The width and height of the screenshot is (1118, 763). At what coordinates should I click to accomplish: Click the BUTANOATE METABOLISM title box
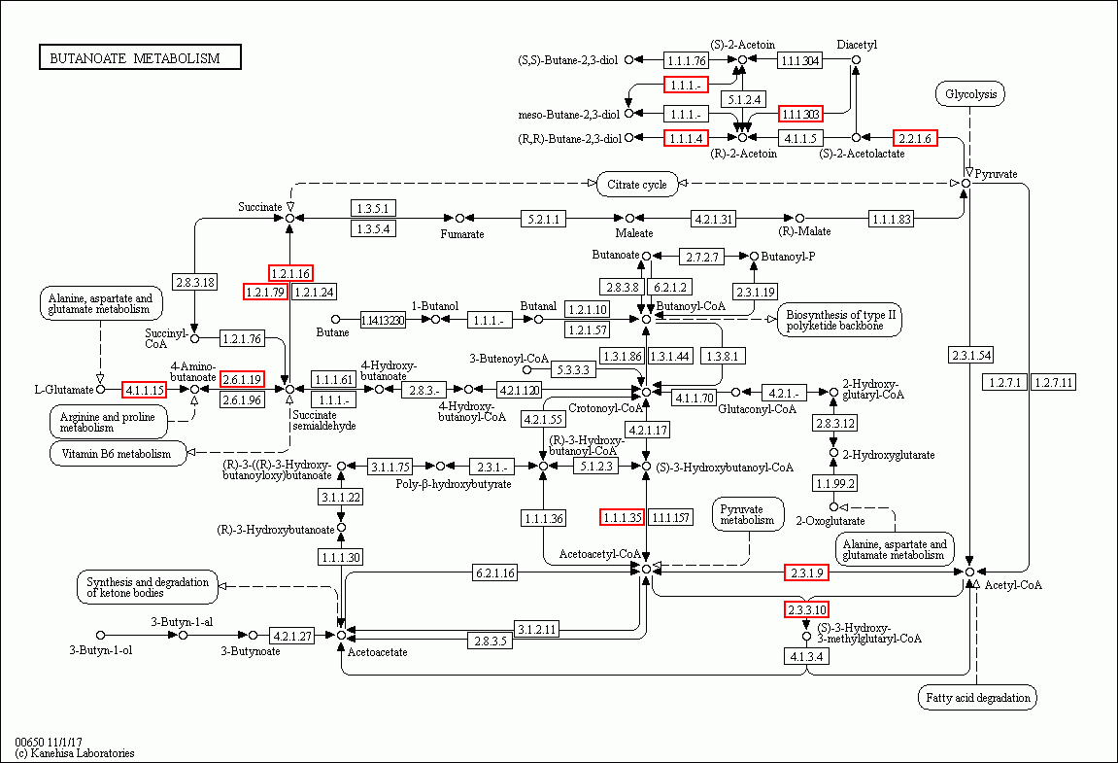[x=140, y=58]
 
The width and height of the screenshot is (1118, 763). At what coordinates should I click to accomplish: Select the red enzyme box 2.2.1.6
[x=914, y=138]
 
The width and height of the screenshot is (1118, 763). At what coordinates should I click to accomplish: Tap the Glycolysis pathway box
[x=969, y=94]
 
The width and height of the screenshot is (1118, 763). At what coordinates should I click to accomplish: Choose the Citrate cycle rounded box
[x=637, y=184]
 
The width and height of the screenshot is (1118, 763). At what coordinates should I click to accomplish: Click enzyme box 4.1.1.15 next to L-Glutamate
[x=144, y=390]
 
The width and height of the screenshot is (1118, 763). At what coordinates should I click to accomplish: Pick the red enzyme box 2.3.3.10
[x=806, y=609]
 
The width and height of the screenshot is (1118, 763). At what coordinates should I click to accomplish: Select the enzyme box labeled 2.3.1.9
[x=806, y=572]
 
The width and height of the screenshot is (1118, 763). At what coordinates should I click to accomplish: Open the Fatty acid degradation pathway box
[x=976, y=697]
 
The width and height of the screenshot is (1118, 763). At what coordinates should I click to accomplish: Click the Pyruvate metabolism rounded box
[x=748, y=514]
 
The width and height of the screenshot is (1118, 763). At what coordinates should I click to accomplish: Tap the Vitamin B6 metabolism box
[x=117, y=454]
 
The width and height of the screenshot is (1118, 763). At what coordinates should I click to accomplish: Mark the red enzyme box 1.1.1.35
[x=622, y=517]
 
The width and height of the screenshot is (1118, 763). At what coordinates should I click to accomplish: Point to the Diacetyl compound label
[x=857, y=45]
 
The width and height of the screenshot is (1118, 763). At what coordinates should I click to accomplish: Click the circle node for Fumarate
[x=460, y=218]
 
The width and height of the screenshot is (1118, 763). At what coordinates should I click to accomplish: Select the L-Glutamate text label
[x=64, y=390]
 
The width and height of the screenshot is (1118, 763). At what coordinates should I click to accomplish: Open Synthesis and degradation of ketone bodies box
[x=147, y=587]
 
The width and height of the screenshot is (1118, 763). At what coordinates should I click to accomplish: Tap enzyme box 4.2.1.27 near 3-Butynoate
[x=292, y=635]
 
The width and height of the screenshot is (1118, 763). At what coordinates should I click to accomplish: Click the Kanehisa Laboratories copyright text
[x=75, y=753]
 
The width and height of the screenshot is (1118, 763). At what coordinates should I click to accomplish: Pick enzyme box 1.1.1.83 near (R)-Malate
[x=891, y=219]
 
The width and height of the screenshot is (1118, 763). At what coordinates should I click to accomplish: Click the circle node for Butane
[x=336, y=319]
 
